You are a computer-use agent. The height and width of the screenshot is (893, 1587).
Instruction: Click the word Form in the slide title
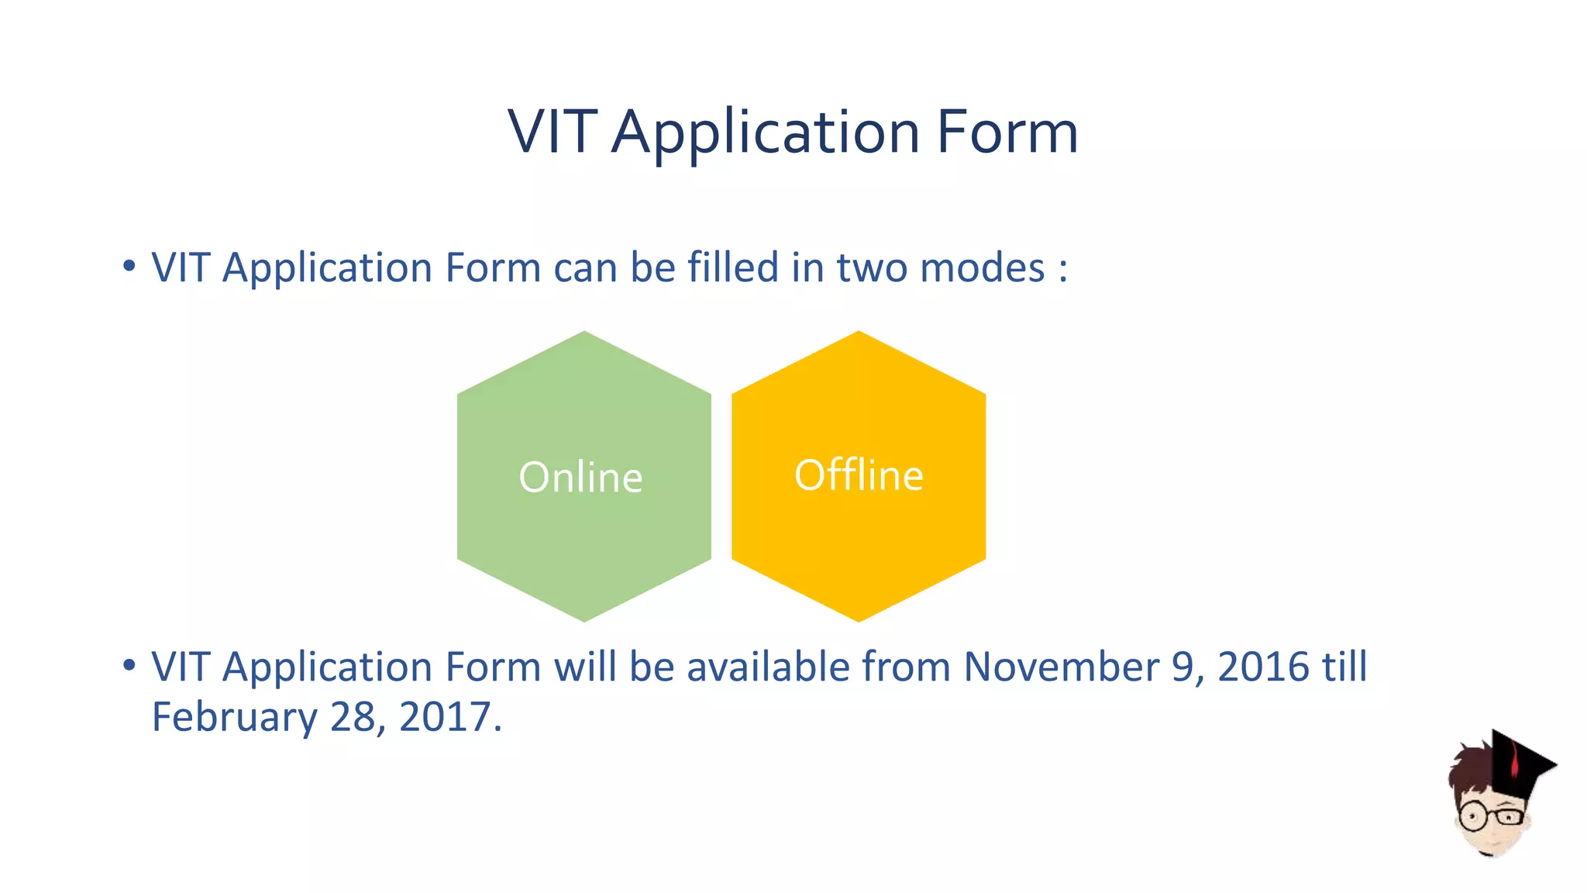pyautogui.click(x=1007, y=132)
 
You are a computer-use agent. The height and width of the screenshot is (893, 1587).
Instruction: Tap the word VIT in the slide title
pyautogui.click(x=553, y=132)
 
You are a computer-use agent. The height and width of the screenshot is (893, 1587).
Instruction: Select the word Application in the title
pyautogui.click(x=766, y=133)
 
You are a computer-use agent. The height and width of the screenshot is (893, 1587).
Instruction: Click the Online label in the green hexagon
pyautogui.click(x=580, y=477)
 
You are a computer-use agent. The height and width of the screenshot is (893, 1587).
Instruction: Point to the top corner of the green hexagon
pyautogui.click(x=584, y=333)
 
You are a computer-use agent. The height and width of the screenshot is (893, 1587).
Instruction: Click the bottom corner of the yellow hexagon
pyautogui.click(x=859, y=619)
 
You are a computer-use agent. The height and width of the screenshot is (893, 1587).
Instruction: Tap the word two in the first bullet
pyautogui.click(x=872, y=268)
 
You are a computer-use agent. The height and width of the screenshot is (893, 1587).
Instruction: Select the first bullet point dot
pyautogui.click(x=129, y=267)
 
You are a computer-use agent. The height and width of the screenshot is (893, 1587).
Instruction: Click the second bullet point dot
pyautogui.click(x=129, y=665)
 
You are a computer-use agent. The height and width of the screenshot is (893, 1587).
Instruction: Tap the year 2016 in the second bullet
pyautogui.click(x=1263, y=667)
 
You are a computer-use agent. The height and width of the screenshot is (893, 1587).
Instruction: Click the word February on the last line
pyautogui.click(x=234, y=717)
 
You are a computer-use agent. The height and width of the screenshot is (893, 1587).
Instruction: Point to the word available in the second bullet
pyautogui.click(x=768, y=667)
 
